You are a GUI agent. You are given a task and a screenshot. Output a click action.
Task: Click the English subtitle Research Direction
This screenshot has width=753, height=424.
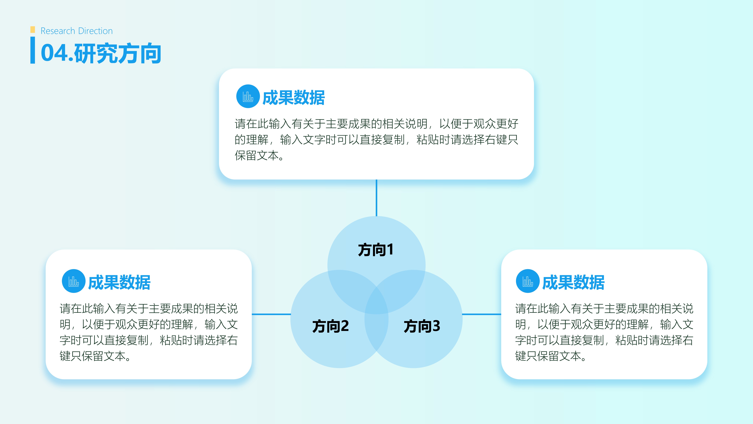tap(77, 31)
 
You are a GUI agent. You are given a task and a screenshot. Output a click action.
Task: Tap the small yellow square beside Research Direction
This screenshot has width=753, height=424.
tap(33, 29)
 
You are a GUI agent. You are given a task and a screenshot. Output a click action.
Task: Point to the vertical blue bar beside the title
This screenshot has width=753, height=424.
tap(33, 50)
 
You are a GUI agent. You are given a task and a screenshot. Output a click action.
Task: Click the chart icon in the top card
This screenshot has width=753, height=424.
tap(248, 96)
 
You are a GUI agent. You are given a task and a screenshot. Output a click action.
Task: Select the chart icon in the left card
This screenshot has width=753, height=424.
tap(74, 281)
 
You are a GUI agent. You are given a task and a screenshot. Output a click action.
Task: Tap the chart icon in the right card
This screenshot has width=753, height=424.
tap(528, 281)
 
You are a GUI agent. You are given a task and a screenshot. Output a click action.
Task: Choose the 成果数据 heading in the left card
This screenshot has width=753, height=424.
tap(119, 282)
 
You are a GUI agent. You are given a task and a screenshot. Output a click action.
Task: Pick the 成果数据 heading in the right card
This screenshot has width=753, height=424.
tap(573, 282)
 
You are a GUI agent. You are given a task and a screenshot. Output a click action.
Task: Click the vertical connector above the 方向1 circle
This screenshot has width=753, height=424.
tap(377, 198)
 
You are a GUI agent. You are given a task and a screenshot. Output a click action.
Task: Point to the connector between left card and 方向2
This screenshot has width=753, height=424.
tap(271, 314)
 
